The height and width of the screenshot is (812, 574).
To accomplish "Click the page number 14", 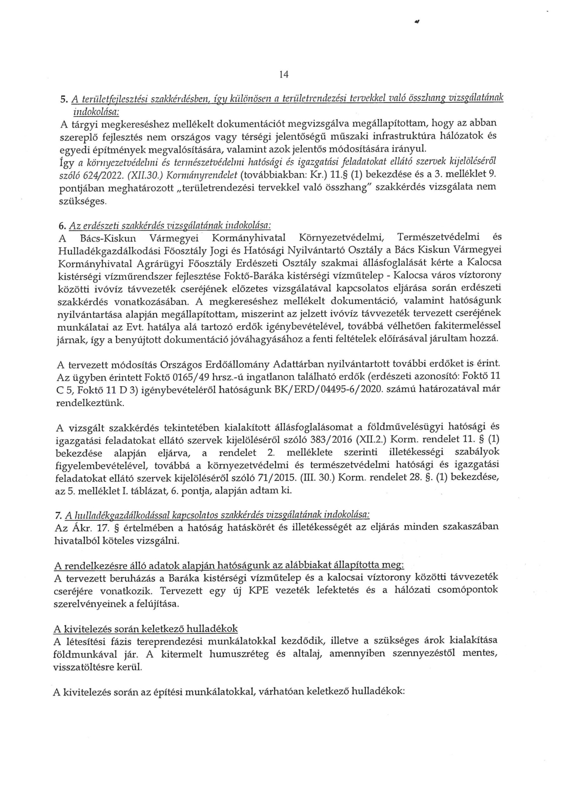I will [284, 75].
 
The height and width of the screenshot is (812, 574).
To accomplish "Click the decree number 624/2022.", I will [100, 175].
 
